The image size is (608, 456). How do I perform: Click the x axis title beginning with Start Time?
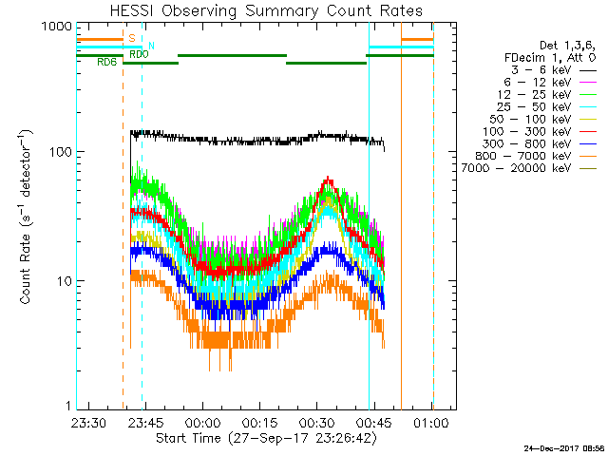click(262, 438)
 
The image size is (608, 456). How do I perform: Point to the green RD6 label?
click(107, 63)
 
